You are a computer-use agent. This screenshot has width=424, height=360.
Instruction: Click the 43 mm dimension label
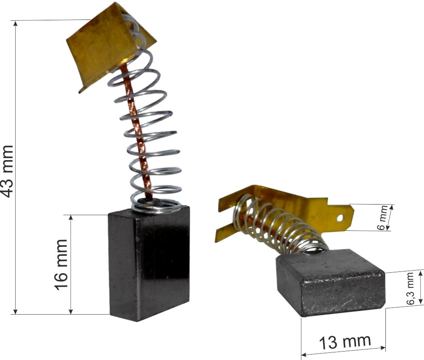[x=7, y=171]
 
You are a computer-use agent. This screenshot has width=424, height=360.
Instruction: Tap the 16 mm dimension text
[x=61, y=265]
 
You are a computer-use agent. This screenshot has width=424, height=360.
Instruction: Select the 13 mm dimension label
[x=345, y=342]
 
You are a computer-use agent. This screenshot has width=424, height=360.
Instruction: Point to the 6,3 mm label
[x=410, y=289]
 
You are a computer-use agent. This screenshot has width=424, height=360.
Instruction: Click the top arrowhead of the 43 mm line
[x=16, y=23]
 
